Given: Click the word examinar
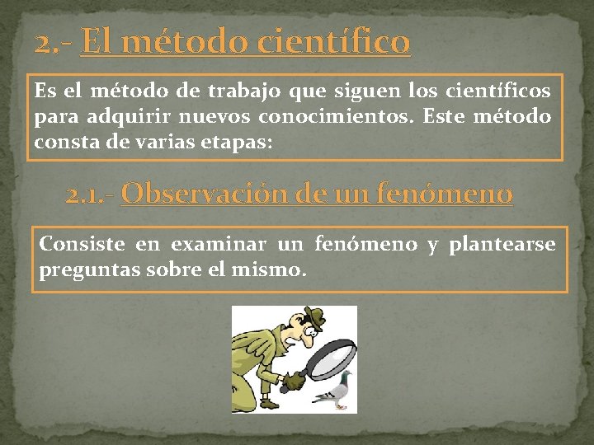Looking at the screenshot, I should coord(219,244).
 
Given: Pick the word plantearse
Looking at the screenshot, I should coord(502,244).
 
